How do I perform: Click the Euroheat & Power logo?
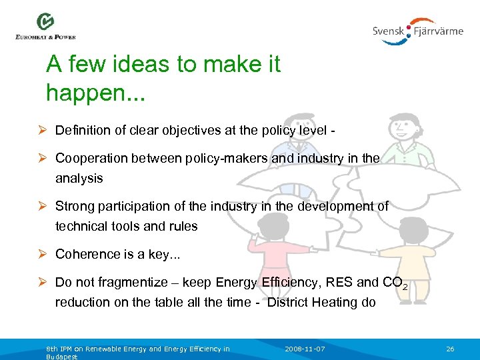[x=45, y=27]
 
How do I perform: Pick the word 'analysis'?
[x=79, y=178]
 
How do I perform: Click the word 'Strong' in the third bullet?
[x=75, y=206]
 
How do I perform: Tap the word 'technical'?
[x=81, y=226]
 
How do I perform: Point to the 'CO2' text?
[x=395, y=283]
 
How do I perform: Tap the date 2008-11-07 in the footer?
[x=305, y=349]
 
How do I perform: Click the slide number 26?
[x=450, y=349]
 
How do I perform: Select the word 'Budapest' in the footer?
[x=62, y=357]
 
